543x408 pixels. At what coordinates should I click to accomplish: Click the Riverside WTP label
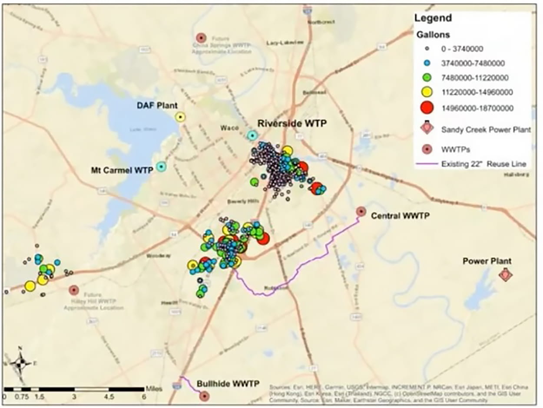[x=291, y=123]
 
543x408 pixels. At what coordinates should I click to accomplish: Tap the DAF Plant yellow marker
[x=180, y=117]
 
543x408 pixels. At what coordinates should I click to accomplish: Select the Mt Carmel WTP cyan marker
[x=161, y=166]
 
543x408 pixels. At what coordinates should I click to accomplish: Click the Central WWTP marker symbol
[x=361, y=211]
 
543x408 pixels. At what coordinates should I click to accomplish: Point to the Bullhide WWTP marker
[x=204, y=396]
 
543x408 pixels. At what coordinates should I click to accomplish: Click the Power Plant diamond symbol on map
[x=505, y=275]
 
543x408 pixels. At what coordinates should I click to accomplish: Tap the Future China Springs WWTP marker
[x=200, y=38]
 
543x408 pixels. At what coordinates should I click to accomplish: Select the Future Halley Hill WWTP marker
[x=74, y=290]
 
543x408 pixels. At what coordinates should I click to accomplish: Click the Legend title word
[x=433, y=18]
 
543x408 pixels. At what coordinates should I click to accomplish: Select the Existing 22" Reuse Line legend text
[x=484, y=164]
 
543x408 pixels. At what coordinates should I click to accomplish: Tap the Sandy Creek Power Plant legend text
[x=486, y=129]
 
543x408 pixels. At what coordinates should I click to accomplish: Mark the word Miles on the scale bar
[x=154, y=388]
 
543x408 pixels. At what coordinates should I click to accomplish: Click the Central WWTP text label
[x=400, y=215]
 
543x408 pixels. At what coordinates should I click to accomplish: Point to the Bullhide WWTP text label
[x=228, y=384]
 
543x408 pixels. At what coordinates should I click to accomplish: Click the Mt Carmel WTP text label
[x=122, y=170]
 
